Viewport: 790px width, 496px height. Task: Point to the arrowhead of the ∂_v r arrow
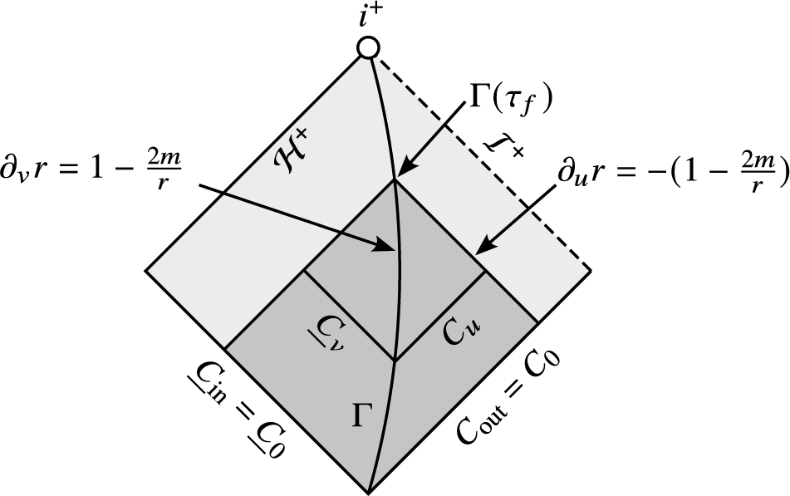click(393, 247)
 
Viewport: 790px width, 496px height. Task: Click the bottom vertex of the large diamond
click(368, 491)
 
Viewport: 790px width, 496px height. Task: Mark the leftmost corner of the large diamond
click(146, 270)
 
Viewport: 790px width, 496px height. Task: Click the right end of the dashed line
click(591, 270)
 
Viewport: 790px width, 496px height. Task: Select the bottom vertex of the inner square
click(395, 360)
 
